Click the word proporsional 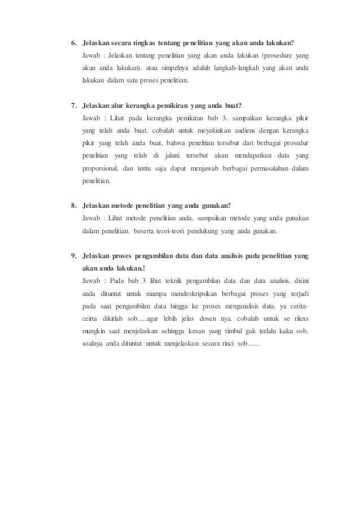point(100,168)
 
